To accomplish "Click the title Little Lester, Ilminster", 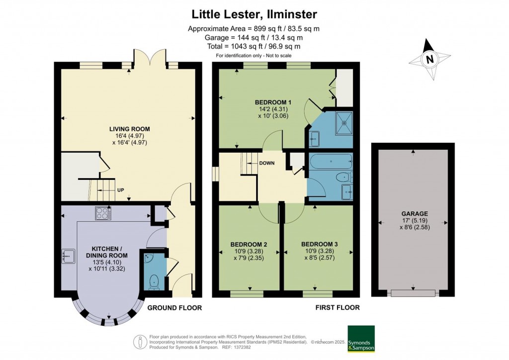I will click(x=254, y=14).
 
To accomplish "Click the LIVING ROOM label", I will click(x=129, y=129).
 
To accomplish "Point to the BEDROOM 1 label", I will click(x=273, y=102).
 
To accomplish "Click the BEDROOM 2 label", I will click(x=249, y=244).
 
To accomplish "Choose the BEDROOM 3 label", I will click(x=319, y=244).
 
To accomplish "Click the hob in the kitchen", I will click(x=103, y=213).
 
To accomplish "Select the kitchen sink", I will click(x=69, y=256).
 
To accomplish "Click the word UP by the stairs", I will click(x=120, y=190).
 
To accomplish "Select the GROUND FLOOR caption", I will click(x=174, y=308).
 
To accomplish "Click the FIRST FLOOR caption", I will click(x=338, y=308).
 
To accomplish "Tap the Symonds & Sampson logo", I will click(x=360, y=339).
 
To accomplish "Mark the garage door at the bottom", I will click(x=413, y=293).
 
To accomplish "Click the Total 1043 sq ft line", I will click(x=254, y=46).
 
